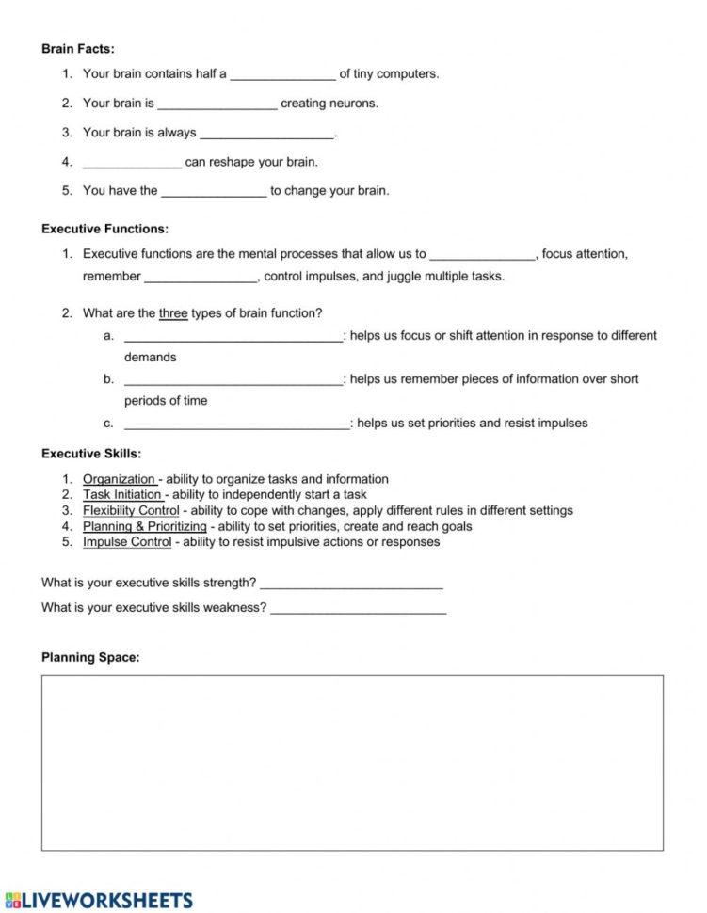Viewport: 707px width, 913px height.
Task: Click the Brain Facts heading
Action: click(x=78, y=49)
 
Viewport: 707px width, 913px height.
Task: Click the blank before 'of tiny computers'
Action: click(x=282, y=74)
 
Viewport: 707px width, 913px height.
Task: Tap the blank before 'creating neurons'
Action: click(x=217, y=104)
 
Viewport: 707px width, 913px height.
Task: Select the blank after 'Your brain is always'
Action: click(x=266, y=134)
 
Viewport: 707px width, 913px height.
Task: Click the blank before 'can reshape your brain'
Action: click(x=132, y=163)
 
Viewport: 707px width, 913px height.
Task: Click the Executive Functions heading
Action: click(x=105, y=229)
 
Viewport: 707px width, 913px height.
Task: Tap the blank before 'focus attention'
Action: click(x=482, y=254)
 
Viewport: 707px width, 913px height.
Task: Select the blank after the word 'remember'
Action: click(x=201, y=277)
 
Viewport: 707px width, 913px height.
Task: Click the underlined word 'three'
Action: click(x=173, y=313)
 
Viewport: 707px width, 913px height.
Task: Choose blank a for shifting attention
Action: click(x=233, y=337)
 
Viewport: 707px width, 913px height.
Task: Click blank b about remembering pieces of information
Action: click(x=233, y=380)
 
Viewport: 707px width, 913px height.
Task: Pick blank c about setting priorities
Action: click(x=236, y=424)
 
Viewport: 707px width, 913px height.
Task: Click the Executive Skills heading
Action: click(x=91, y=454)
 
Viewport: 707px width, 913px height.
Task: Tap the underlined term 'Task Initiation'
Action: click(x=122, y=495)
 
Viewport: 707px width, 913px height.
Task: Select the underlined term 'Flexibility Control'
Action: click(x=131, y=511)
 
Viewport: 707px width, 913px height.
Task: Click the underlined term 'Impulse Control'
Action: click(x=127, y=542)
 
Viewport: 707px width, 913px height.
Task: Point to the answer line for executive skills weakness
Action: click(x=359, y=608)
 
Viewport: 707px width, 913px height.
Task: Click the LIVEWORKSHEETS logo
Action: click(x=99, y=900)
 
